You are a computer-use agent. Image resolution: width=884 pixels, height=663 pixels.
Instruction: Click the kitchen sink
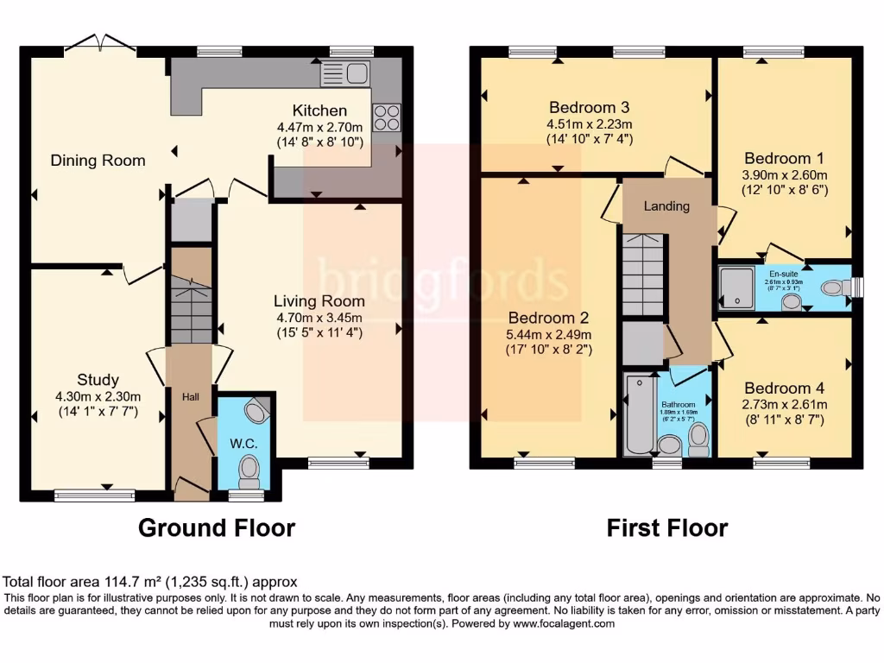(345, 74)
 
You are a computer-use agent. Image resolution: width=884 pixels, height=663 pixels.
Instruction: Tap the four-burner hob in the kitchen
(387, 117)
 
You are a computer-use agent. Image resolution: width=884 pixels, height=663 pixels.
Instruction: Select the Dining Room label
(98, 161)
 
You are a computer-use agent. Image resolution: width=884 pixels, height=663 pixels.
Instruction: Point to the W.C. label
(243, 444)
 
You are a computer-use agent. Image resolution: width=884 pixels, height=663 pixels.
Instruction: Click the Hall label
(190, 396)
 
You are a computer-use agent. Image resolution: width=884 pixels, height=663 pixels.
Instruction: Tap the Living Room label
(319, 301)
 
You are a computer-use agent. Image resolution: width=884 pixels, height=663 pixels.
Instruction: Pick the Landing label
(667, 206)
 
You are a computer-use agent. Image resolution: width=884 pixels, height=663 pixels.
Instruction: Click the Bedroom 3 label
(589, 108)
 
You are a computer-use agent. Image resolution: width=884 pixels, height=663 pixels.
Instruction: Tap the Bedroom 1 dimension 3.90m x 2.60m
(786, 175)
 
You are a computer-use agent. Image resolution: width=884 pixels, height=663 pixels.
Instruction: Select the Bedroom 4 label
(778, 388)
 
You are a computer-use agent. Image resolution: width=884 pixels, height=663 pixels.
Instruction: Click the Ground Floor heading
(217, 527)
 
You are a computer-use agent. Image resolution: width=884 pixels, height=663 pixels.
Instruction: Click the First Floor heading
(666, 527)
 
